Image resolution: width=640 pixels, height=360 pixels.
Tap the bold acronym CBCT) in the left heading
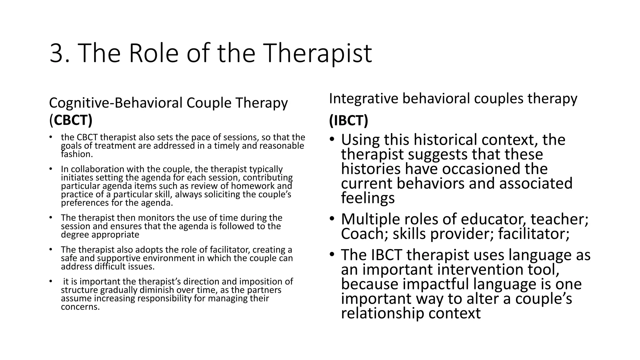click(x=73, y=120)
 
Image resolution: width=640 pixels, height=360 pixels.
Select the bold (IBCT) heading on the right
click(x=348, y=121)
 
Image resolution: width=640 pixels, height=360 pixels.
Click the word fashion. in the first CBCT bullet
click(x=77, y=154)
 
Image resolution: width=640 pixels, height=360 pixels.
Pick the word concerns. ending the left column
click(x=80, y=307)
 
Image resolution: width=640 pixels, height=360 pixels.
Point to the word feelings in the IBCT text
click(x=368, y=198)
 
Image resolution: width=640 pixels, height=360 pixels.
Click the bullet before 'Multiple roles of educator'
click(x=332, y=219)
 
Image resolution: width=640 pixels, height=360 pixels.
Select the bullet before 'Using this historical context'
click(x=332, y=139)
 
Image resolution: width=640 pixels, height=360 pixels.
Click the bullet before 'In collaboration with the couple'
click(x=50, y=169)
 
